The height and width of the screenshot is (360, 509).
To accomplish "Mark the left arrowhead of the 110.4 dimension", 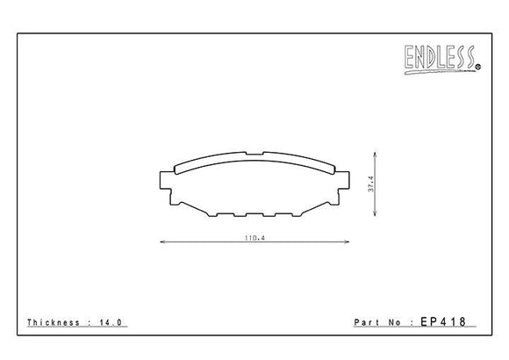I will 161,242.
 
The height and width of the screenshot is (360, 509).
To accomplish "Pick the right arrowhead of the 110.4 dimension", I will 346,242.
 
